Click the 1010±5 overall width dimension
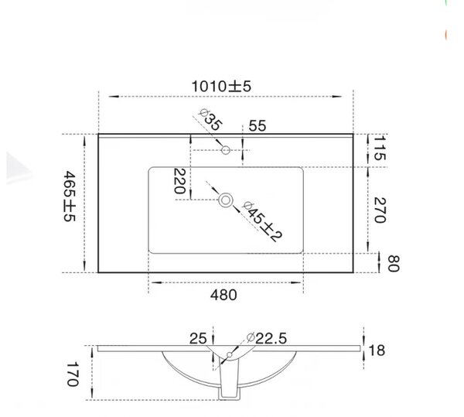point(221,87)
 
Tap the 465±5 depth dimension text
point(70,196)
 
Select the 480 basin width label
point(223,295)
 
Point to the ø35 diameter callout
point(210,120)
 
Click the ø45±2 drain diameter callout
point(262,221)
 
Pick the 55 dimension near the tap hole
point(258,126)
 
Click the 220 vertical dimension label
point(179,181)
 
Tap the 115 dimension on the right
point(380,148)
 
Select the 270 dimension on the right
point(380,210)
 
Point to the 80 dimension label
point(394,263)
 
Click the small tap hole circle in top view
point(226,150)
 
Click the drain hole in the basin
point(226,200)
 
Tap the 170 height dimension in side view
point(73,374)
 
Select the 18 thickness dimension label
point(377,350)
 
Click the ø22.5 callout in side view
point(267,338)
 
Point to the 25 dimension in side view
point(198,339)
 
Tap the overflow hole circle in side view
point(230,354)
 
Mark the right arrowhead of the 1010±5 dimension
point(336,97)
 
